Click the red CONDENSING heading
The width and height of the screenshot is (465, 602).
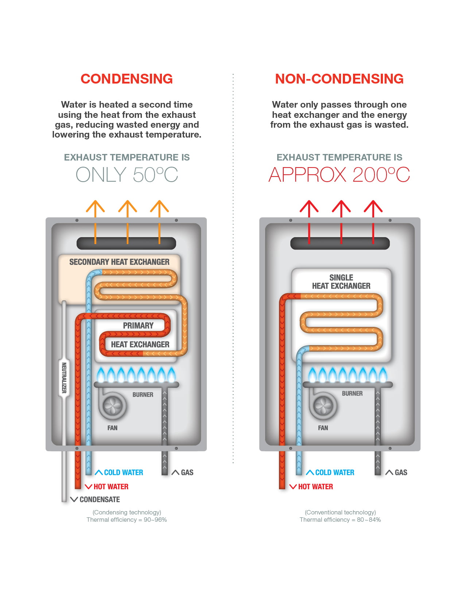click(127, 79)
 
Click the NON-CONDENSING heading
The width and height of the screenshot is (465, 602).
click(339, 79)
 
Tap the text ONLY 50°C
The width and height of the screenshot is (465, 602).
click(127, 175)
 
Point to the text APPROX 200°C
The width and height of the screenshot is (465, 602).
click(339, 175)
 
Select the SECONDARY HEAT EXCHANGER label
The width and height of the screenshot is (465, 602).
click(119, 262)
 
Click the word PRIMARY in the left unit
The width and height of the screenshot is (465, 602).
click(138, 325)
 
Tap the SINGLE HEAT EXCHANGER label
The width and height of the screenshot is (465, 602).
click(341, 282)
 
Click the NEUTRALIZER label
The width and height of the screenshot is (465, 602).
click(64, 378)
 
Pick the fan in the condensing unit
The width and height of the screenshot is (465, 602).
click(112, 406)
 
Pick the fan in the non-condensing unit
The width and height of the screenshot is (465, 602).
click(323, 405)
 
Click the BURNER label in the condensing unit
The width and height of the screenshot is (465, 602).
click(143, 395)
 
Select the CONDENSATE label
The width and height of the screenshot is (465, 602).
click(100, 499)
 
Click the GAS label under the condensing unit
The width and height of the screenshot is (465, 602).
click(187, 472)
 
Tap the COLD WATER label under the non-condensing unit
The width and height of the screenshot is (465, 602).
click(334, 472)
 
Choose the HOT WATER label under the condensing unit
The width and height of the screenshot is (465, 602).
click(111, 487)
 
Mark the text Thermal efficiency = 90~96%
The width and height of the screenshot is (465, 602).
click(127, 520)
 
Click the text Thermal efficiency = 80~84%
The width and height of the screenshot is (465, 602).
click(340, 520)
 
